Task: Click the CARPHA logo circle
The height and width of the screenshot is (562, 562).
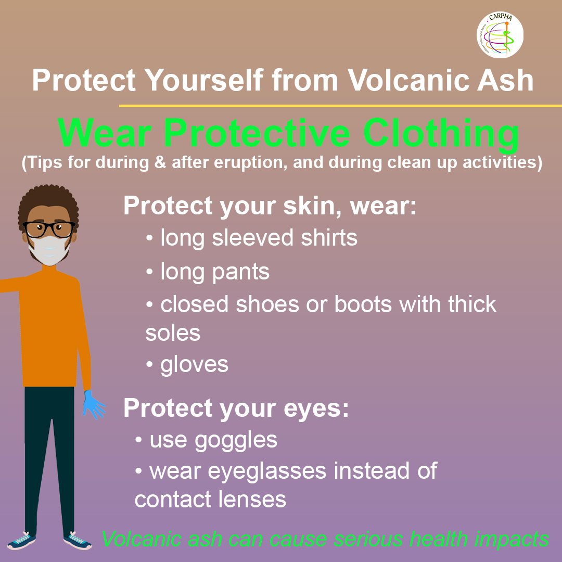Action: pos(500,35)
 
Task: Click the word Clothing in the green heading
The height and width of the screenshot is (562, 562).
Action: pos(441,133)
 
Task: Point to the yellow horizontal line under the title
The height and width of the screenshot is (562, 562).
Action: pos(340,106)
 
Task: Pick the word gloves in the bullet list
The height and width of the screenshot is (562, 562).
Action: pos(194,365)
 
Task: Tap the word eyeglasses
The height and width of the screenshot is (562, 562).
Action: pos(267,471)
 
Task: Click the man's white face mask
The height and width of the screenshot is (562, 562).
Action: pos(49,249)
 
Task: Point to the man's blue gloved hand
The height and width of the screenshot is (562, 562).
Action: pos(94,405)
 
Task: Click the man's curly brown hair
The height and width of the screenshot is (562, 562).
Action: pos(48,201)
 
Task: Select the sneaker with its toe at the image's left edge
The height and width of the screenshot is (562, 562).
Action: pos(21,541)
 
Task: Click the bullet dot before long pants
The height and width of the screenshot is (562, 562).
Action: pos(149,271)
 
